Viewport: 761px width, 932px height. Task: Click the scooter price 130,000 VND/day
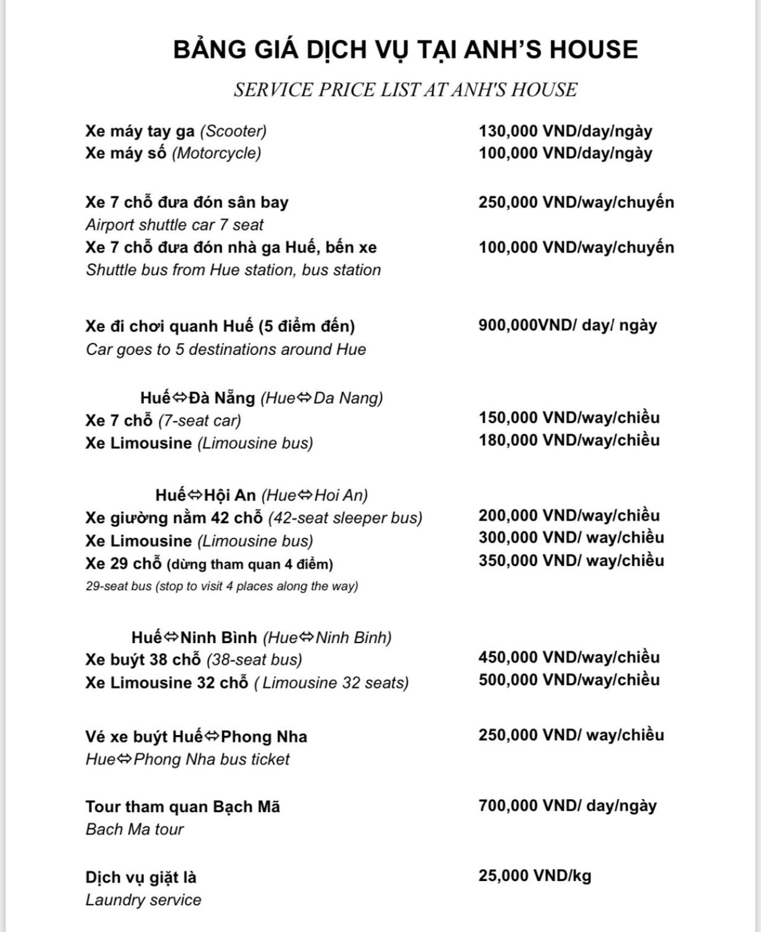[x=565, y=131]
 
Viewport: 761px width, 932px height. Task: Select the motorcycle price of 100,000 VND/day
[x=565, y=153]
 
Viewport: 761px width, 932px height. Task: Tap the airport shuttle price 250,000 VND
[x=575, y=202]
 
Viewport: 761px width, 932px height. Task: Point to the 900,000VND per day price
[x=567, y=325]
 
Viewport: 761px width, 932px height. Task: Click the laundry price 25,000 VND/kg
[x=535, y=876]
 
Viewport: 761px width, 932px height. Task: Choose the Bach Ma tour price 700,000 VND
[x=567, y=806]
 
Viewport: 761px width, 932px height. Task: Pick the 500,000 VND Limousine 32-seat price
[x=568, y=680]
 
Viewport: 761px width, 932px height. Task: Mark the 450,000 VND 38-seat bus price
[x=568, y=657]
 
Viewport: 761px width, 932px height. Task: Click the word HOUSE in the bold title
[x=593, y=49]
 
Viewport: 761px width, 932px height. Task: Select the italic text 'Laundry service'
[x=143, y=900]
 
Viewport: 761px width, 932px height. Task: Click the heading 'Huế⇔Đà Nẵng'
[x=198, y=397]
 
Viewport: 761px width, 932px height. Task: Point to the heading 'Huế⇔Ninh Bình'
[x=194, y=638]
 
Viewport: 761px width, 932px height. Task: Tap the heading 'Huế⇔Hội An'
[x=206, y=495]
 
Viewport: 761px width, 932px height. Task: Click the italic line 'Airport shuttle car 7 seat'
[x=174, y=225]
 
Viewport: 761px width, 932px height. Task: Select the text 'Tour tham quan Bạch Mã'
[x=183, y=807]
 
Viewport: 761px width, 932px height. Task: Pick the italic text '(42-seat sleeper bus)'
[x=345, y=518]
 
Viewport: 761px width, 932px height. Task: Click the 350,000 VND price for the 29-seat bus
[x=571, y=561]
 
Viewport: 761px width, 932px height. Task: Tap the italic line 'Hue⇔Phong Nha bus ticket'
[x=187, y=759]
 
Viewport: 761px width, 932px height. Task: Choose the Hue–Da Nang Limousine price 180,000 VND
[x=568, y=440]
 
